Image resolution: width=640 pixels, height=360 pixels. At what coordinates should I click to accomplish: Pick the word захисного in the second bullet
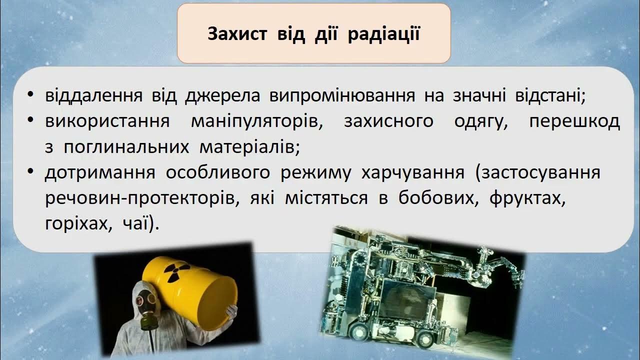coord(388,121)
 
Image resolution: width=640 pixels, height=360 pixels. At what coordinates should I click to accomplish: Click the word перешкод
coord(574,121)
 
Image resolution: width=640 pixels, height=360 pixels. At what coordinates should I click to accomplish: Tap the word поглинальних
coord(126,147)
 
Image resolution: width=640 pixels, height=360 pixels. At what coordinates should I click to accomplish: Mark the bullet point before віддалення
coord(31,95)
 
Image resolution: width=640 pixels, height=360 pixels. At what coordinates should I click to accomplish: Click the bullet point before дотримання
coord(31,172)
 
